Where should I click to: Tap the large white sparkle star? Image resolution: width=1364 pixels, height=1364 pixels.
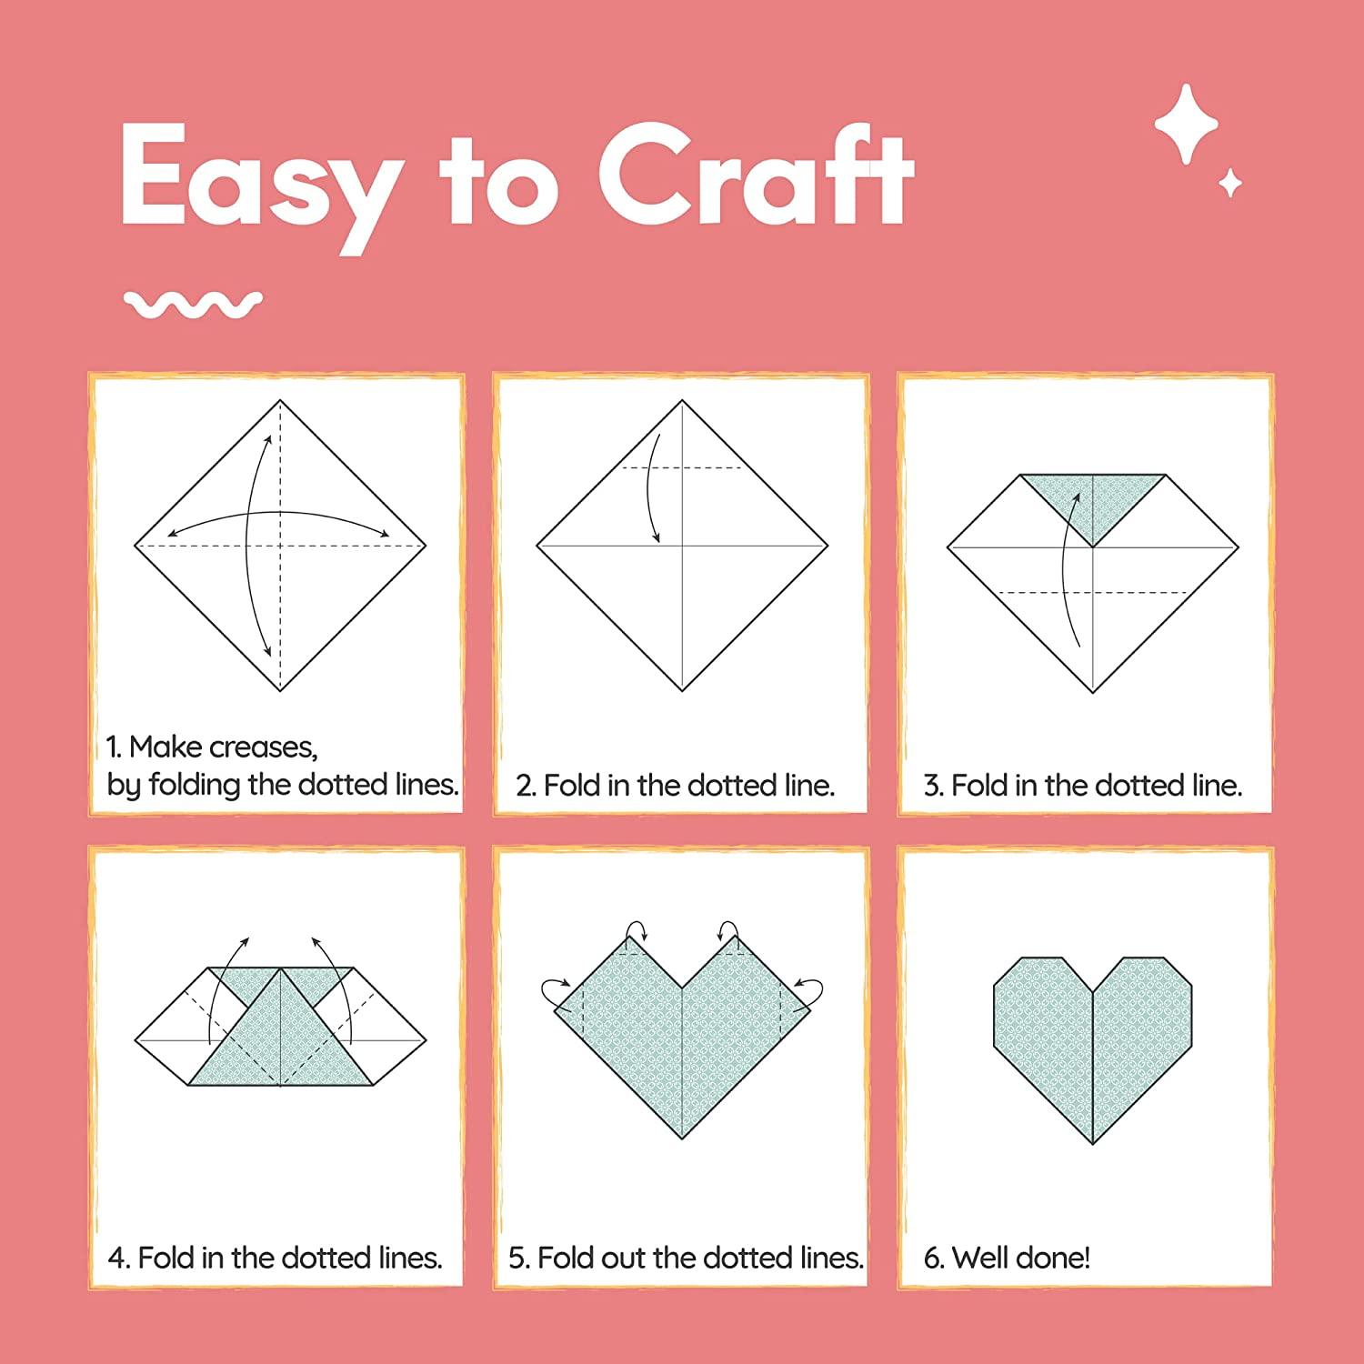coord(1186,125)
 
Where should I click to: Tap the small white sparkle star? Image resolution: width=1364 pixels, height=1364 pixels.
coord(1230,183)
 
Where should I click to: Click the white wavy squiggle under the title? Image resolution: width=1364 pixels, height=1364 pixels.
coord(193,305)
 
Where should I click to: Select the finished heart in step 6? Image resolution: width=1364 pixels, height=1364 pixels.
coord(1092,1046)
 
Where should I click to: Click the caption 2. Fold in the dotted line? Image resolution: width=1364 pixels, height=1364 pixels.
coord(675,785)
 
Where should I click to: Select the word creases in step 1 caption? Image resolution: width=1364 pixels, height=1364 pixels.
coord(263,747)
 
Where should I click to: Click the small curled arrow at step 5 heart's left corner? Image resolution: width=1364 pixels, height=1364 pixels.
coord(554,990)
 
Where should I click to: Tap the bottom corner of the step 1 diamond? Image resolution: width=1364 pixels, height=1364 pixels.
coord(280,689)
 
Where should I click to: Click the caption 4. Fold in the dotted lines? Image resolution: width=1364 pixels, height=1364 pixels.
coord(275,1258)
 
